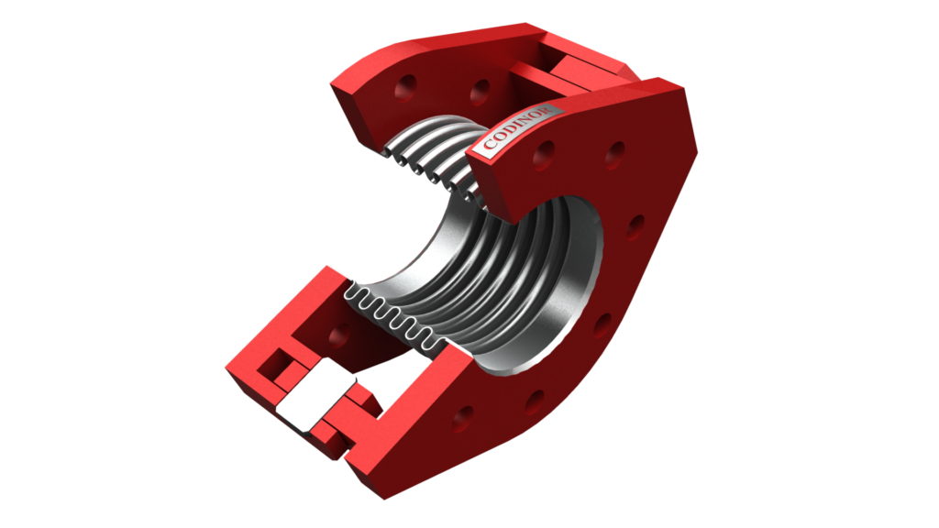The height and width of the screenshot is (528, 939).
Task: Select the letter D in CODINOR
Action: click(508, 133)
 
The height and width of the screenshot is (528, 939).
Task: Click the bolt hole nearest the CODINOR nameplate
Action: click(543, 155)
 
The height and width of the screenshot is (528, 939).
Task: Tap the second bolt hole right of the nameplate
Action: click(614, 154)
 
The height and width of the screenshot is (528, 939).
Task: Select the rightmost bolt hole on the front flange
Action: click(635, 227)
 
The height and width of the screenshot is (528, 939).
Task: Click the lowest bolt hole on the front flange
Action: click(463, 419)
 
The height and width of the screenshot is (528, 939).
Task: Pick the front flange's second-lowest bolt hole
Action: click(535, 401)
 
